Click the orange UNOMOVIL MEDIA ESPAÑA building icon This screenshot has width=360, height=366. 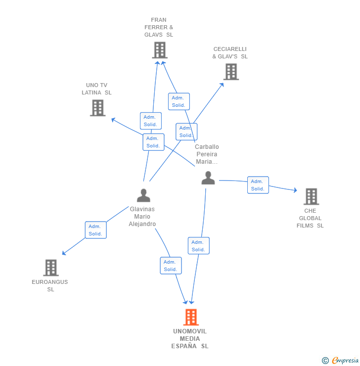pyautogui.click(x=190, y=317)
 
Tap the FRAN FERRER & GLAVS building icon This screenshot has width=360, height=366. pyautogui.click(x=159, y=50)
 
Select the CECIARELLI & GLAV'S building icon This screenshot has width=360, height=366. pyautogui.click(x=230, y=72)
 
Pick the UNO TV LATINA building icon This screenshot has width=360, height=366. pyautogui.click(x=97, y=108)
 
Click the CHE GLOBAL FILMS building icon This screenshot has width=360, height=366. pyautogui.click(x=311, y=196)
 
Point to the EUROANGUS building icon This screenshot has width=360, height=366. pyautogui.click(x=50, y=268)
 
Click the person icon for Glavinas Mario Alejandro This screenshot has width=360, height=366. pyautogui.click(x=143, y=196)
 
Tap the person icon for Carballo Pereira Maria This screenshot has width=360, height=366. pyautogui.click(x=208, y=178)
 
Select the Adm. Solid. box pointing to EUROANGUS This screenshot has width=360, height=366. pyautogui.click(x=95, y=230)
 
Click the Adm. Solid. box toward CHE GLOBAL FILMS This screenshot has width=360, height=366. pyautogui.click(x=258, y=185)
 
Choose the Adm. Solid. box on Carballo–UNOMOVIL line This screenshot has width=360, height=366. pyautogui.click(x=198, y=246)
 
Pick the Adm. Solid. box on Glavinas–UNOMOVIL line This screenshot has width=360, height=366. pyautogui.click(x=171, y=266)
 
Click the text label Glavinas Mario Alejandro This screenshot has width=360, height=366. pyautogui.click(x=142, y=217)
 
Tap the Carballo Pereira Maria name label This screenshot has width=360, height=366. pyautogui.click(x=207, y=154)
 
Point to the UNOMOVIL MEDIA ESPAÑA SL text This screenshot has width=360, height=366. pyautogui.click(x=190, y=339)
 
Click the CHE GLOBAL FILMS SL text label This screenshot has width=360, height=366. pyautogui.click(x=310, y=218)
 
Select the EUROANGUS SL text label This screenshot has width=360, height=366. pyautogui.click(x=50, y=285)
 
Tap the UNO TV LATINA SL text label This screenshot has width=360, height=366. pyautogui.click(x=96, y=89)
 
